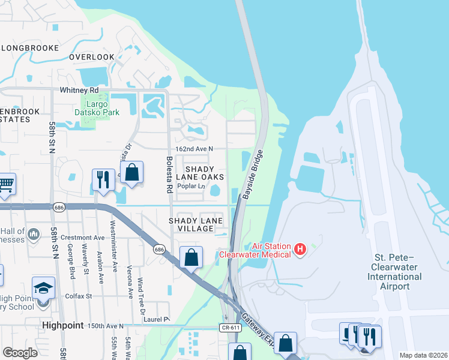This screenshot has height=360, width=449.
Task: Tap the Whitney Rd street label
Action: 78,90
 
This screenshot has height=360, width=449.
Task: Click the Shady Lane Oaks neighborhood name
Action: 199,173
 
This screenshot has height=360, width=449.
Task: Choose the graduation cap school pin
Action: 43,287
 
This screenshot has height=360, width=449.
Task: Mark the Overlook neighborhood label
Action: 91,57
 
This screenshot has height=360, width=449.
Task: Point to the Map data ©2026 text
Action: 423,355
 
